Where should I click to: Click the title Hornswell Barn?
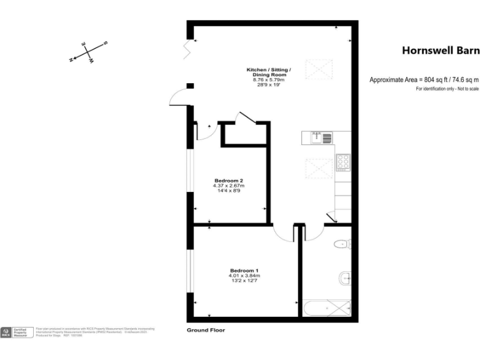[x=439, y=51]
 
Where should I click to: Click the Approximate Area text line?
[x=424, y=80]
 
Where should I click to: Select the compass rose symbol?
[x=88, y=53]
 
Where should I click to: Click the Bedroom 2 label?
[x=228, y=181]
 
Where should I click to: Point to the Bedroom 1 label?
[x=244, y=270]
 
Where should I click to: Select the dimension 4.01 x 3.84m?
[x=244, y=276]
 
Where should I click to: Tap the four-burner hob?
[x=343, y=162]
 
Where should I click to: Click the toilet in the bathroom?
[x=341, y=244]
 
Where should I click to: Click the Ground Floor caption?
[x=206, y=330]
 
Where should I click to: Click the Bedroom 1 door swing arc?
[x=283, y=232]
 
